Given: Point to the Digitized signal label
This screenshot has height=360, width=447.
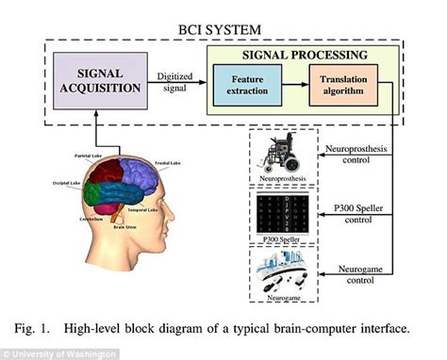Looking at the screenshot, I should pyautogui.click(x=176, y=81).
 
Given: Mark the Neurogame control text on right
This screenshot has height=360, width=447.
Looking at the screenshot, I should pyautogui.click(x=362, y=276).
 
